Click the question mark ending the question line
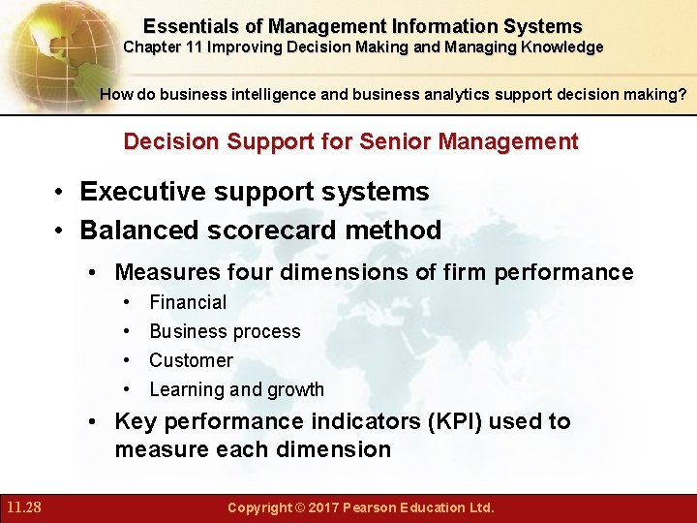[x=683, y=95]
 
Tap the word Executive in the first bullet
[x=141, y=192]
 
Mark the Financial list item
[x=188, y=302]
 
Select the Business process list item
[x=225, y=331]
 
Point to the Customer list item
[x=191, y=360]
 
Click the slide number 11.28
[x=22, y=507]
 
